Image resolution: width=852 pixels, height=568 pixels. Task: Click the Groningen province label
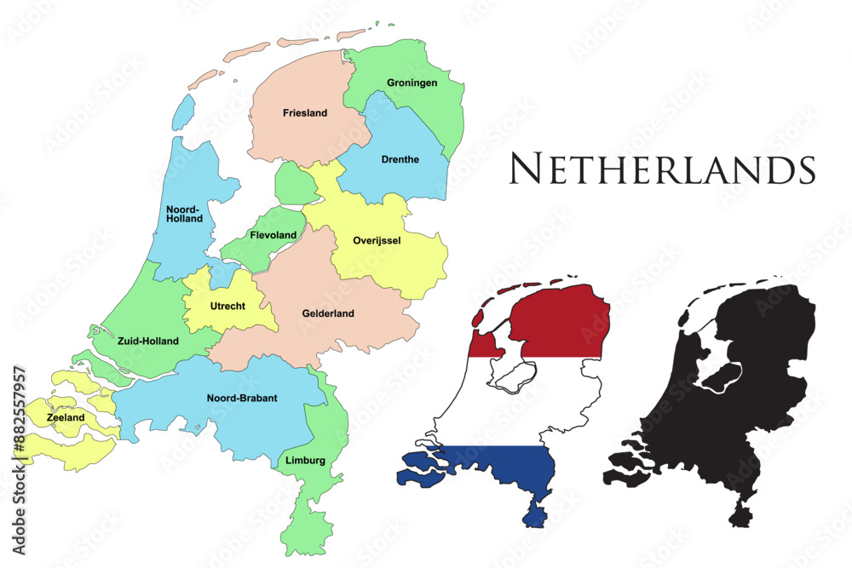(x=412, y=83)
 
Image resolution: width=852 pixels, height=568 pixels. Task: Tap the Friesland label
(x=305, y=112)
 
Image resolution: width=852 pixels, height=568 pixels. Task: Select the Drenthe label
(x=400, y=158)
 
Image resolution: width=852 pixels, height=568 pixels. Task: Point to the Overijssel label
(x=377, y=240)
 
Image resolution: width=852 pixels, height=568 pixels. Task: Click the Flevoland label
(x=273, y=235)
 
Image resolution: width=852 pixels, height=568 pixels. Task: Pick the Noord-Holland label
(x=185, y=213)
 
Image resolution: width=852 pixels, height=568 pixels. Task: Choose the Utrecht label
(x=227, y=305)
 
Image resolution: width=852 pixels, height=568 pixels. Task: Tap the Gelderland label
(x=328, y=313)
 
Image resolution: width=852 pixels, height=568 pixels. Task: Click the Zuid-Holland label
(x=149, y=341)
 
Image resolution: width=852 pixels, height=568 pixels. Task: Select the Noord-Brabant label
(x=242, y=398)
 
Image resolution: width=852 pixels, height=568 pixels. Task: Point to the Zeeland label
(x=66, y=418)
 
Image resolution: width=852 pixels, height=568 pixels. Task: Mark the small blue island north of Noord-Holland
(x=183, y=111)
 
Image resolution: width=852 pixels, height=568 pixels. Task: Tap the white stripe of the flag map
(x=511, y=400)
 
